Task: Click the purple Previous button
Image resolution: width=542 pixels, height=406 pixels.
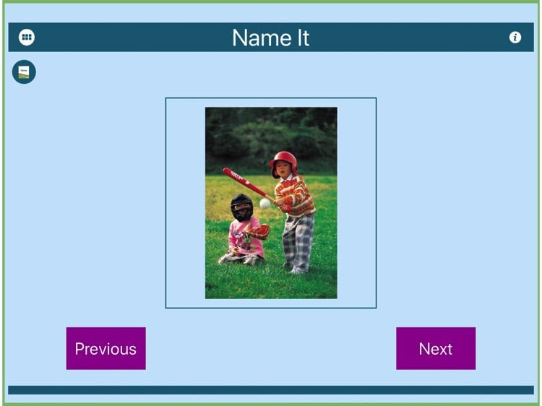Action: (106, 348)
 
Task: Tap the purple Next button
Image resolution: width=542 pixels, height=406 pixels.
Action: (436, 348)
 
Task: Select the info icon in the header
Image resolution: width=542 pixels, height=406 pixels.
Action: (515, 38)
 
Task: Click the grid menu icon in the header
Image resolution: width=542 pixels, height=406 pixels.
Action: (27, 37)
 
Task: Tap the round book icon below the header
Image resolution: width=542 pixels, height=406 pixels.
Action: (24, 72)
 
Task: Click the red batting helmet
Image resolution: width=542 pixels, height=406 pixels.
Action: (284, 161)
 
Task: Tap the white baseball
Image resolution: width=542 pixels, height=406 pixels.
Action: (264, 203)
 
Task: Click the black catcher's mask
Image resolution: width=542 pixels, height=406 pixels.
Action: (241, 207)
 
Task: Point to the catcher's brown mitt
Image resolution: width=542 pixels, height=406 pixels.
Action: (259, 232)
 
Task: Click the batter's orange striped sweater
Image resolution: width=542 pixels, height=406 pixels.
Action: (295, 196)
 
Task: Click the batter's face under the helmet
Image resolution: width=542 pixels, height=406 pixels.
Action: (284, 169)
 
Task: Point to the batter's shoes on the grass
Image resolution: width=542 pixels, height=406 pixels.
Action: (295, 269)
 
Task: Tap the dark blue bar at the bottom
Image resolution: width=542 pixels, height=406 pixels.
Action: (271, 390)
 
